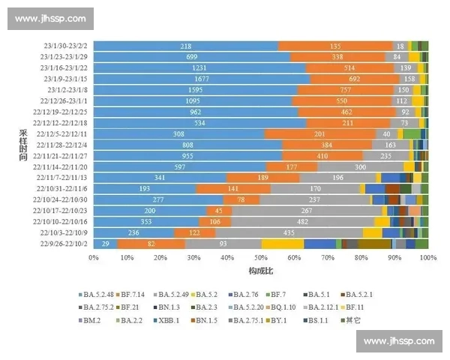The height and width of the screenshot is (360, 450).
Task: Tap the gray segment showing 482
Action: (302, 222)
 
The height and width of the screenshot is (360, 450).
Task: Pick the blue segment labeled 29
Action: (105, 244)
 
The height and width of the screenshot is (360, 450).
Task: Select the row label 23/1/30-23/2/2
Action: (65, 46)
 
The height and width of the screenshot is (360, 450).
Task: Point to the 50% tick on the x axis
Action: (260, 257)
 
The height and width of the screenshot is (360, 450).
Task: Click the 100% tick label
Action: (427, 257)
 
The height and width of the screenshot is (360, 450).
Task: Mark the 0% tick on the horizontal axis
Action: (93, 257)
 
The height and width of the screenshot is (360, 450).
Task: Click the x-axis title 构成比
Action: (259, 270)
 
